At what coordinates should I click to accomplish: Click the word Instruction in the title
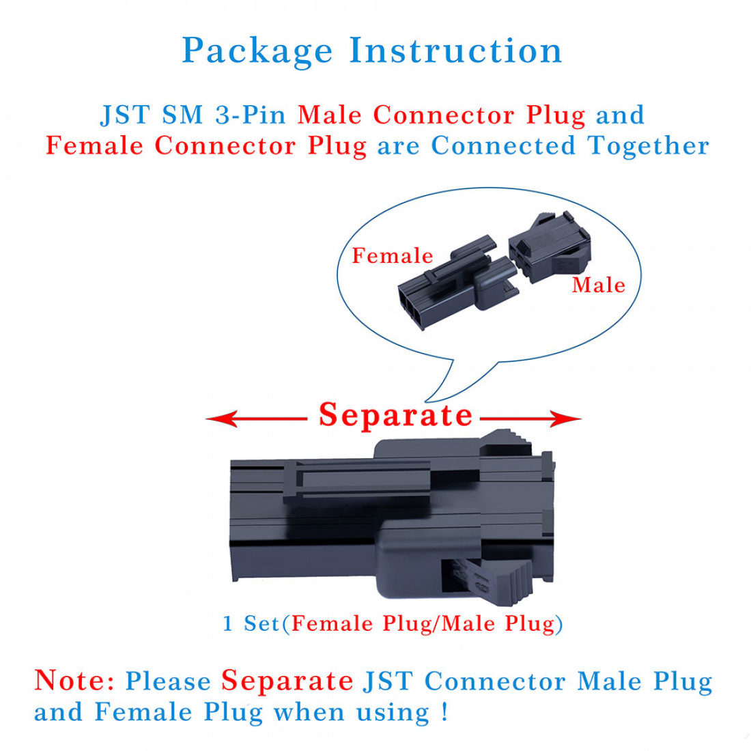[455, 51]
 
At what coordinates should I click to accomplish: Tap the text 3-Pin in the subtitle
[251, 115]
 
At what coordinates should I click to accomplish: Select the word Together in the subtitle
[648, 146]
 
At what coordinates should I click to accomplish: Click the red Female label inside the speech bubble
[393, 256]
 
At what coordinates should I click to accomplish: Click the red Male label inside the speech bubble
[598, 285]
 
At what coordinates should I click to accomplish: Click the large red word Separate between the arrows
[395, 415]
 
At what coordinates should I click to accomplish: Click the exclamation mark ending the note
[445, 712]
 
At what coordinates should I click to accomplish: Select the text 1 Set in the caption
[251, 623]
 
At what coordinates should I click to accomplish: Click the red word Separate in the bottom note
[287, 681]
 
